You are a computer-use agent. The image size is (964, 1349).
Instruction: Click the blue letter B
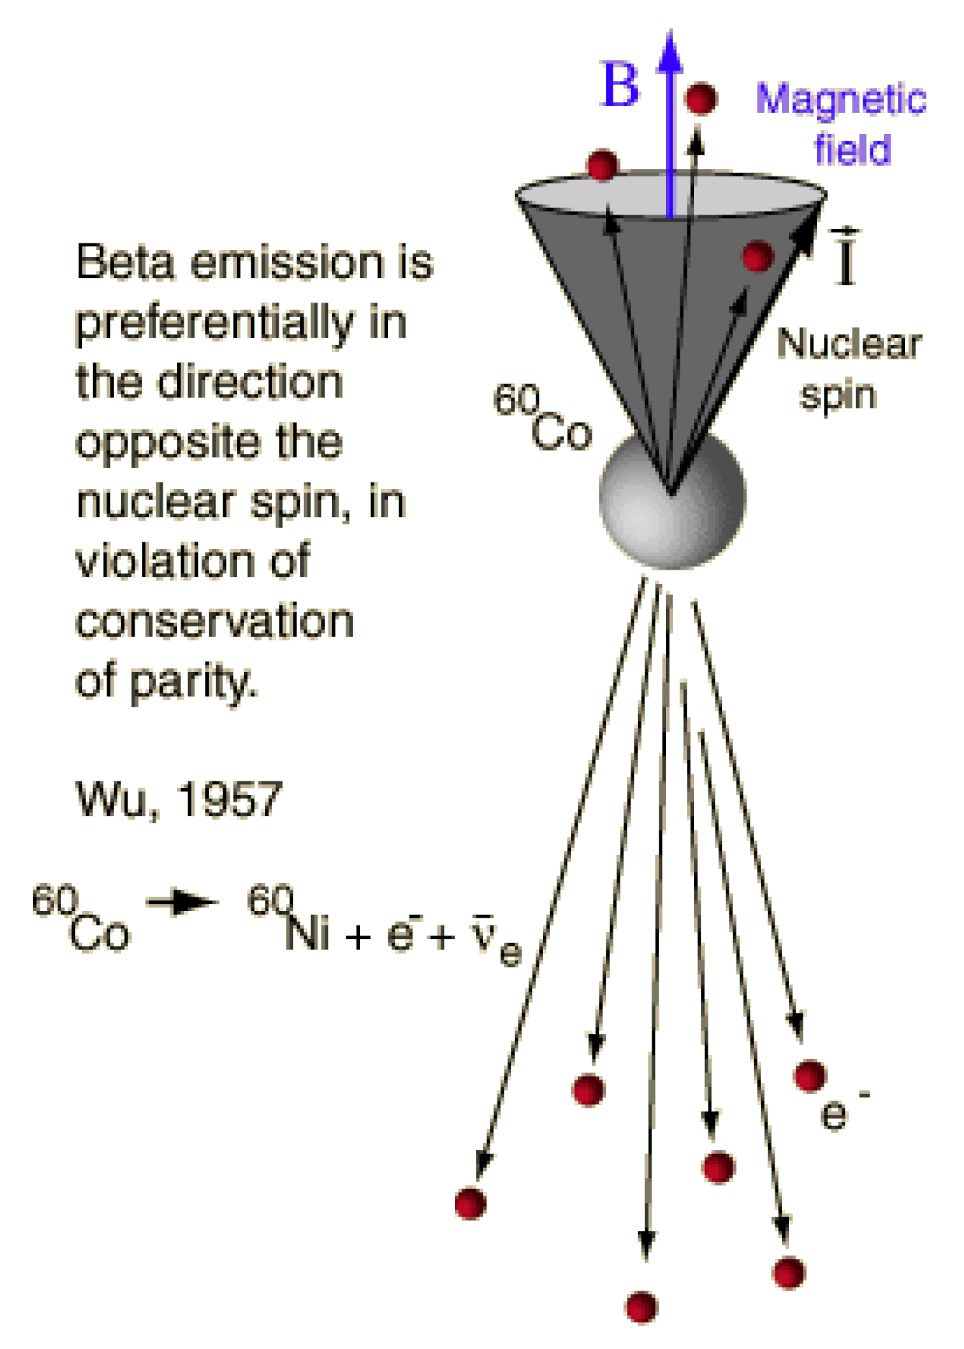point(620,85)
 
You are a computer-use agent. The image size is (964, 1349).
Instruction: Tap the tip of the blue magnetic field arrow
point(670,36)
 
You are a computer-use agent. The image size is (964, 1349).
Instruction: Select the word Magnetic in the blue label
point(841,99)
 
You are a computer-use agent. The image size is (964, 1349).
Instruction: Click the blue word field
point(852,149)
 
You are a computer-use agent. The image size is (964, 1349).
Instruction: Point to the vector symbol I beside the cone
point(847,258)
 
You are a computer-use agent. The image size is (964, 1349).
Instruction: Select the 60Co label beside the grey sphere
point(543,418)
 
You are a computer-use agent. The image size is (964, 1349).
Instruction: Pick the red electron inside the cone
point(757,256)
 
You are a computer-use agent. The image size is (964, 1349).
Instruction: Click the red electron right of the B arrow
point(700,99)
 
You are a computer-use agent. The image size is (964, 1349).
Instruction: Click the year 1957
point(230,799)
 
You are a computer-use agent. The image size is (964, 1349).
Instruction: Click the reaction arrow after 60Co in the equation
point(182,902)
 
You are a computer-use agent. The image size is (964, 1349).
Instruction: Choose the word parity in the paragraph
point(192,681)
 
